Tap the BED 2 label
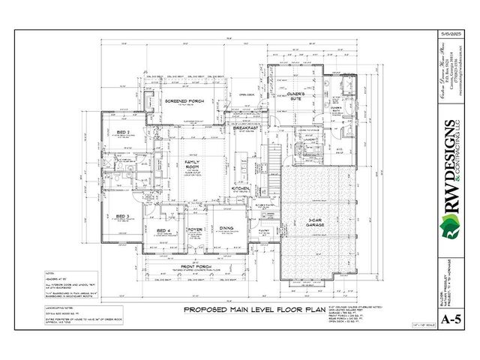click(124, 133)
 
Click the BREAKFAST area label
click(245, 128)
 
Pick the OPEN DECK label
click(248, 95)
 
